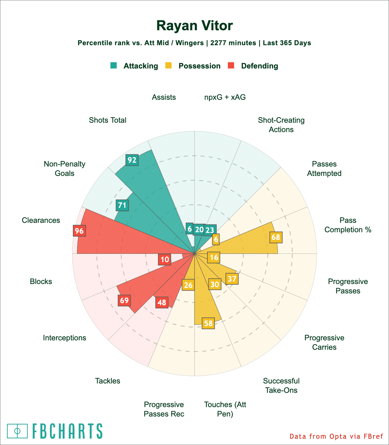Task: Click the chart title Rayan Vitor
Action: [x=194, y=26]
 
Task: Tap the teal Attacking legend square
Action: [x=114, y=66]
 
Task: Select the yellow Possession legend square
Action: [x=168, y=66]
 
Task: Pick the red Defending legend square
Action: [x=231, y=66]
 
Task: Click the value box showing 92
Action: [x=132, y=160]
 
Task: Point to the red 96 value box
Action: [x=79, y=231]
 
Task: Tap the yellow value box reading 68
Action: [x=276, y=237]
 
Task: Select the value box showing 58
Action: [x=208, y=323]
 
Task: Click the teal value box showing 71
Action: [x=122, y=205]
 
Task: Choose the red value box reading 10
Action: [x=165, y=259]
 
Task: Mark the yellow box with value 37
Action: [x=232, y=279]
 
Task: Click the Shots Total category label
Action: [x=108, y=120]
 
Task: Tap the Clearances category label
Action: [x=41, y=220]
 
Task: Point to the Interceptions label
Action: [x=65, y=338]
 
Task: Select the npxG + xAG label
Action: [x=225, y=97]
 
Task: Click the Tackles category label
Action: [x=108, y=381]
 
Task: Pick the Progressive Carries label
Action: [x=324, y=342]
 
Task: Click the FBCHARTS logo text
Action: [x=67, y=431]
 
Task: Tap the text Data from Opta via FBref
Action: [x=336, y=436]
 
